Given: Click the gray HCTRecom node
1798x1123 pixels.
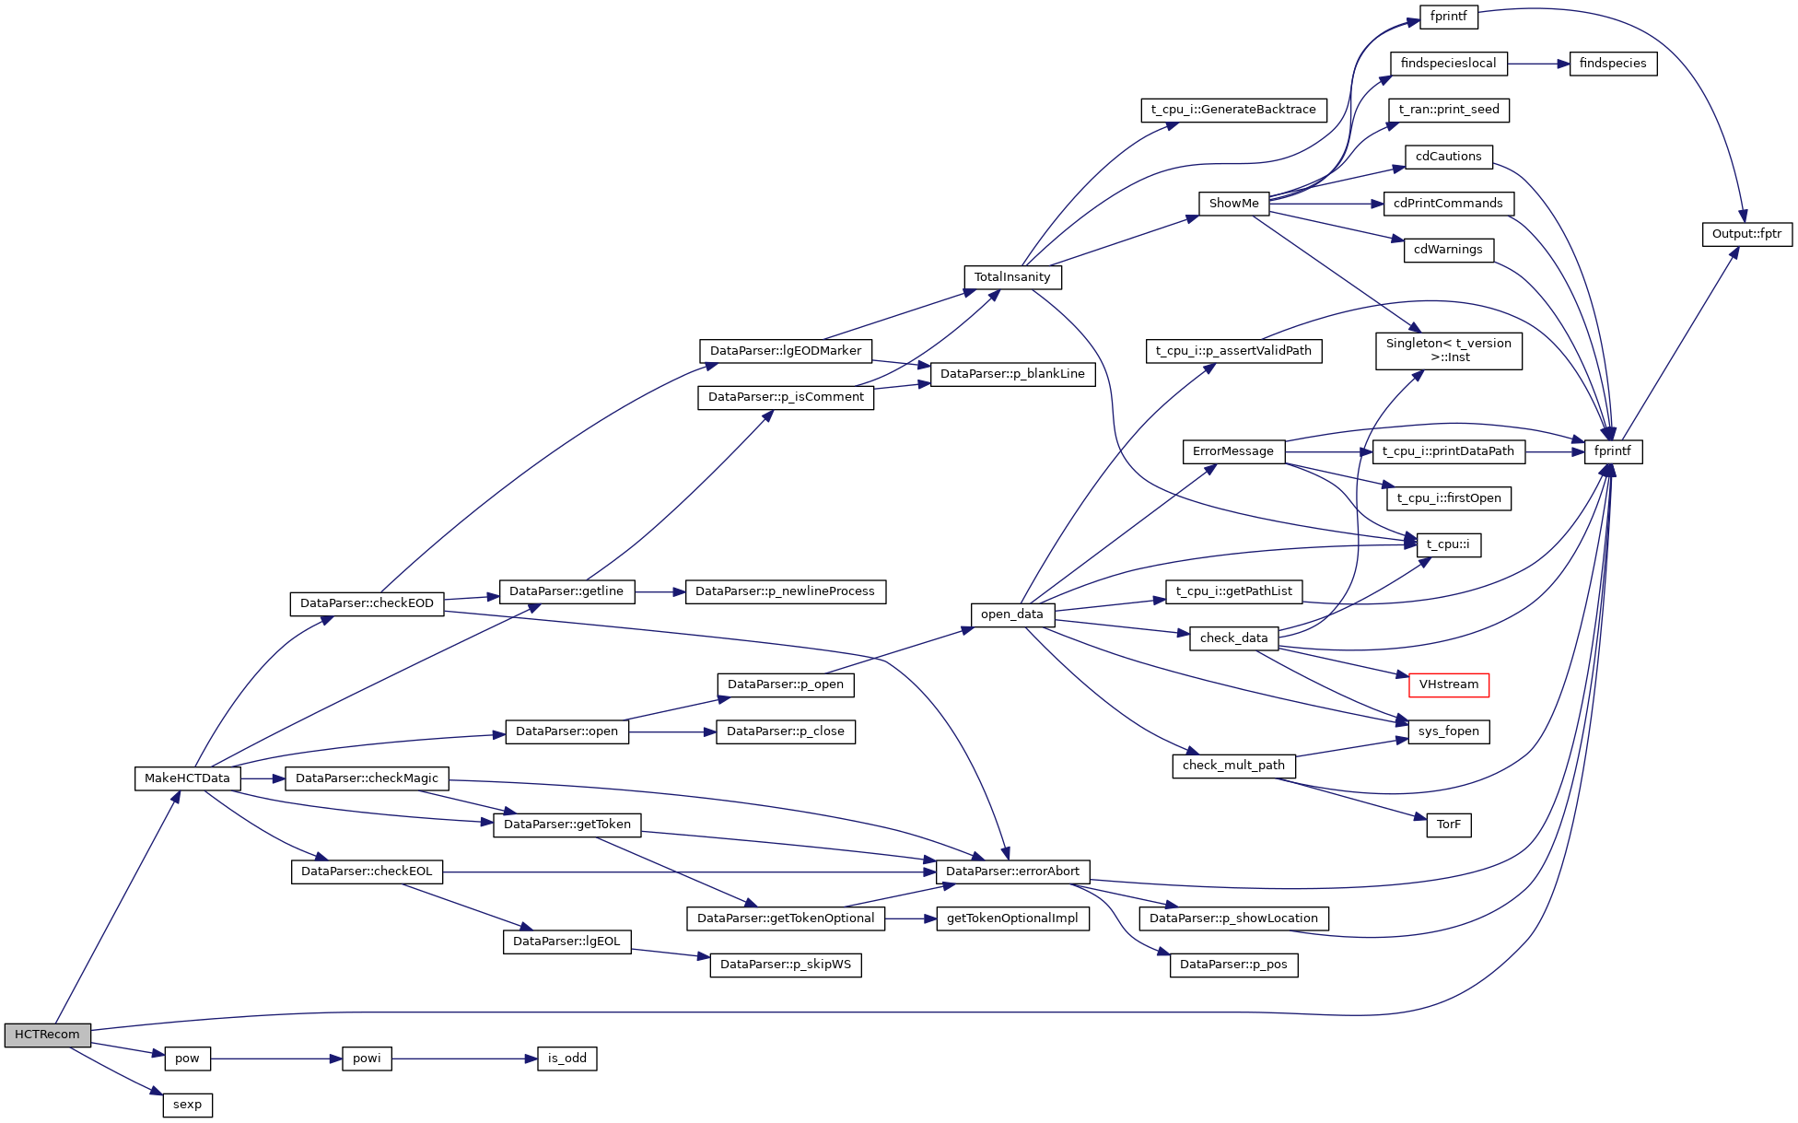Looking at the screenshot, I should click(x=47, y=1035).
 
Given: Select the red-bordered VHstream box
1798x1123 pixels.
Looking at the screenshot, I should click(x=1448, y=684).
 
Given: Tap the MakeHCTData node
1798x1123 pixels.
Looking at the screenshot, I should click(x=187, y=778).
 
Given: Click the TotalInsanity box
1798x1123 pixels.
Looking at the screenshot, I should click(x=1012, y=277).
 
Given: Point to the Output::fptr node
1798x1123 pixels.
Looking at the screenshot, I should click(x=1746, y=234).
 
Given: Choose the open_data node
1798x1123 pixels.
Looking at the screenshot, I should click(x=1011, y=614).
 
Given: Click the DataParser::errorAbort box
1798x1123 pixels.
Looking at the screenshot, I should click(x=1012, y=871).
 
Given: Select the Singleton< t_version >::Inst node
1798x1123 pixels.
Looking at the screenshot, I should click(x=1448, y=351).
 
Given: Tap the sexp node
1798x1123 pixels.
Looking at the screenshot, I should click(x=187, y=1105).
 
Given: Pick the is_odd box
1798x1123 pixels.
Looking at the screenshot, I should click(x=566, y=1059).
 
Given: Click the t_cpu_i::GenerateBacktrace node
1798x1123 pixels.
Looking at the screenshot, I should click(x=1233, y=110).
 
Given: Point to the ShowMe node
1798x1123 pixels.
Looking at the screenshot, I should click(x=1233, y=204).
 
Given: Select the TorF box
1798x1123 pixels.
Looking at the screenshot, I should click(x=1448, y=825).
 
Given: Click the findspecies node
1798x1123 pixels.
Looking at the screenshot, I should click(x=1612, y=64).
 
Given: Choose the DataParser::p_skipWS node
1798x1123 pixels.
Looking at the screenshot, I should click(x=785, y=965).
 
